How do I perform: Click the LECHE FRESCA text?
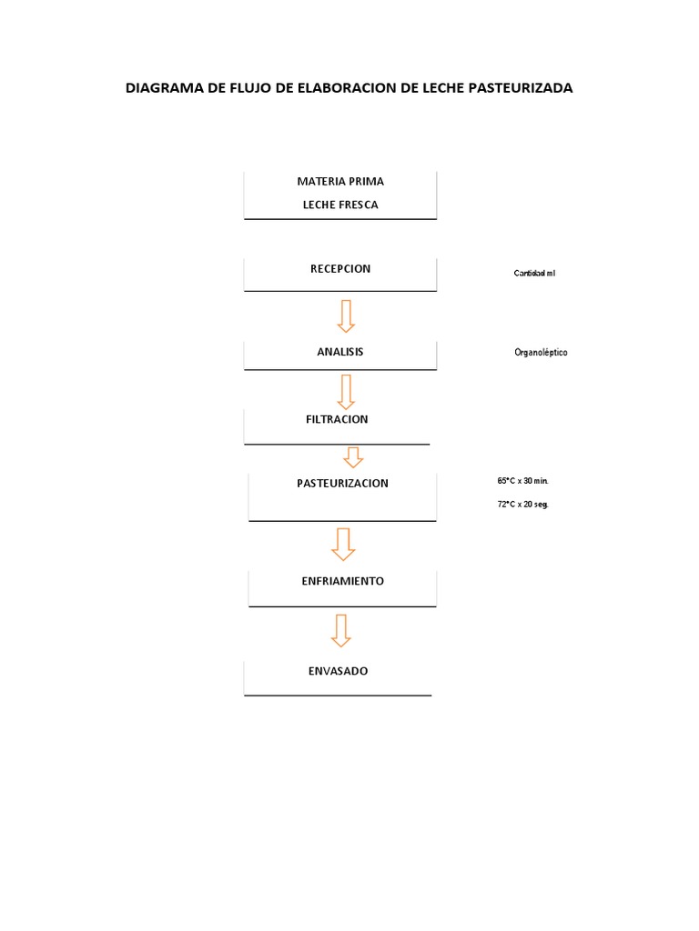tap(340, 205)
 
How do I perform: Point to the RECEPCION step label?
tap(340, 268)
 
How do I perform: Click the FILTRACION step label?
tap(337, 419)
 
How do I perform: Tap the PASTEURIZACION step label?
tap(342, 483)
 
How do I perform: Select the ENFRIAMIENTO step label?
tap(342, 580)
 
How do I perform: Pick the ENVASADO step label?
tap(338, 671)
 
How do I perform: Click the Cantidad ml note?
tap(534, 274)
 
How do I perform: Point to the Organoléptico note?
tap(541, 353)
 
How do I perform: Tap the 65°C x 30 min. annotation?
tap(523, 480)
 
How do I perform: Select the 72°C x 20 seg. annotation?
tap(523, 504)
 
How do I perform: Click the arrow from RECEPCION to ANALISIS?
tap(345, 315)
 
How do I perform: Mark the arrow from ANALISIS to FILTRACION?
tap(345, 391)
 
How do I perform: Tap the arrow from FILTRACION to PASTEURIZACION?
tap(352, 456)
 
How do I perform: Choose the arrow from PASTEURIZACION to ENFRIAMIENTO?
tap(343, 543)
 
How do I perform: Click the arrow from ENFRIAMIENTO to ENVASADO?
tap(341, 630)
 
